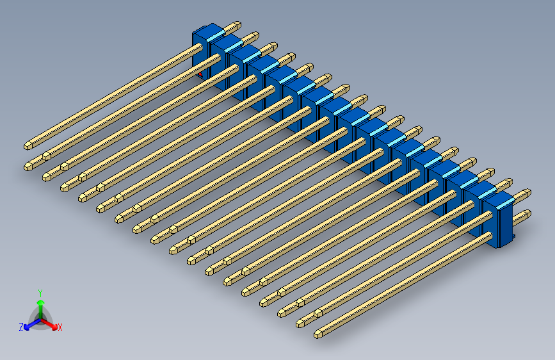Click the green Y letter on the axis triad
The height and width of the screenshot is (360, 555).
[40, 292]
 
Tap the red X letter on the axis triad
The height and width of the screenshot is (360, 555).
[60, 328]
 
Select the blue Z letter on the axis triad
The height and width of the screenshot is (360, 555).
[21, 327]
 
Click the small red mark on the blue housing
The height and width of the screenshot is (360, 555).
[200, 74]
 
